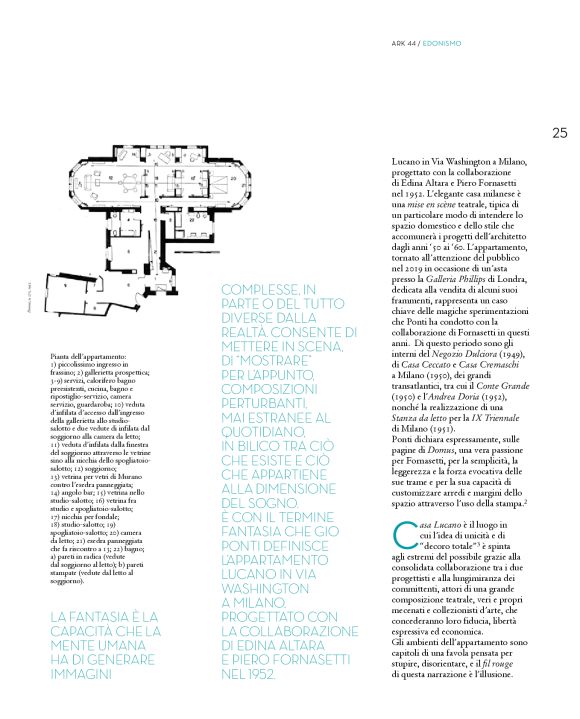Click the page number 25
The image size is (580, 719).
pyautogui.click(x=559, y=131)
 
